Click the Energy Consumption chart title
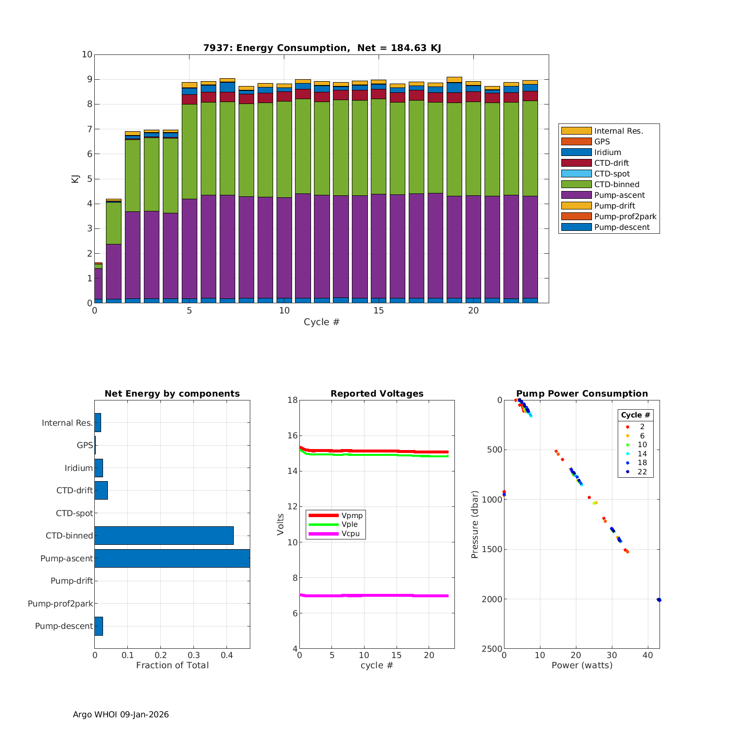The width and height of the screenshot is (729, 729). point(322,48)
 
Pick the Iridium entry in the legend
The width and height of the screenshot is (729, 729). point(607,153)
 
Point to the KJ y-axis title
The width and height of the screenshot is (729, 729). point(75,178)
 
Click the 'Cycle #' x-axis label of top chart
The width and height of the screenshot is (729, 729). point(321,322)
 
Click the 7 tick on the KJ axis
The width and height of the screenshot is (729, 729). point(87,129)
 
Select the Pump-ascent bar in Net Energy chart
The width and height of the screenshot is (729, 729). point(172,558)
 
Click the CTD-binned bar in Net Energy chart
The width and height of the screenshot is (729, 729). point(164,536)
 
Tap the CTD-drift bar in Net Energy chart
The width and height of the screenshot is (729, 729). point(101,490)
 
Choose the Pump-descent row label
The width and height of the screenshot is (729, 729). point(64,626)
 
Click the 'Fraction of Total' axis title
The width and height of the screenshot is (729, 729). point(172,665)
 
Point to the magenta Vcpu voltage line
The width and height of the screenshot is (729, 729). point(374,595)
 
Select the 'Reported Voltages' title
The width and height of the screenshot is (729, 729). point(377,394)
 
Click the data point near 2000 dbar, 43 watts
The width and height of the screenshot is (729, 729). point(659,600)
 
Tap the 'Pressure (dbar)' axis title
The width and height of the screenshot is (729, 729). point(475,524)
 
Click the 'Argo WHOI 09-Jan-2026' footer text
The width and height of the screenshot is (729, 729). point(121,714)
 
